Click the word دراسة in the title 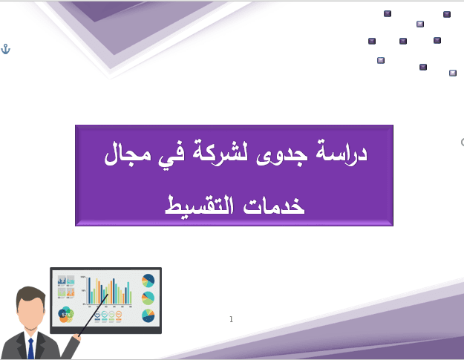[342, 151]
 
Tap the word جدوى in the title [281, 154]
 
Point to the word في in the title [171, 154]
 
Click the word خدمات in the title [274, 206]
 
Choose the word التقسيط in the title [199, 205]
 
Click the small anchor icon [6, 49]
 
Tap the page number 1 [231, 319]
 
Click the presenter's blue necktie [30, 349]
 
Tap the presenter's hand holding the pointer [76, 337]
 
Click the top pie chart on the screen [148, 281]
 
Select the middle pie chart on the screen [148, 298]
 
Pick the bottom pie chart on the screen [148, 315]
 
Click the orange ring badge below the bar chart [119, 314]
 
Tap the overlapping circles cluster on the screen [65, 314]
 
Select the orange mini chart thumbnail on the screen [71, 292]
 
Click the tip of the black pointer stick [108, 295]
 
